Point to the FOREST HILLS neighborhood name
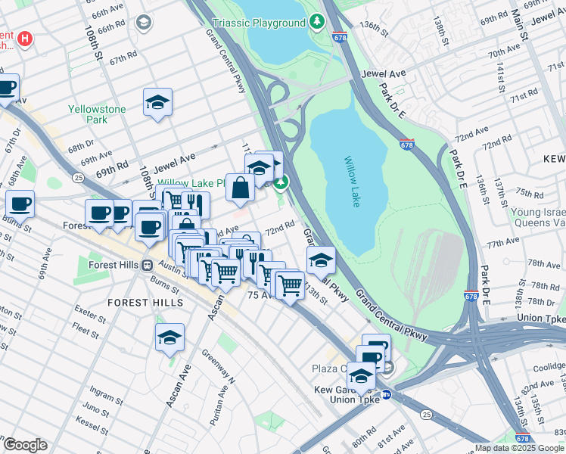tap(145, 302)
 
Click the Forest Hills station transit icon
tap(148, 266)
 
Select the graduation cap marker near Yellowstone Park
tap(157, 102)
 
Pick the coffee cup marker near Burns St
tap(20, 203)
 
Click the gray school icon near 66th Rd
tap(143, 23)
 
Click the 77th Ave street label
tap(502, 243)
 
